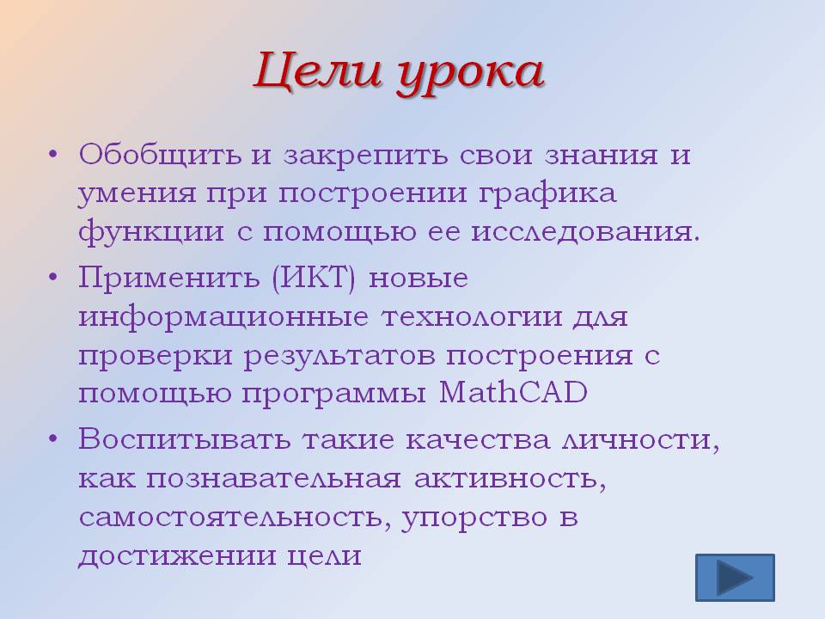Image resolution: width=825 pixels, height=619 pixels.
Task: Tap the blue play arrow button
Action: (735, 578)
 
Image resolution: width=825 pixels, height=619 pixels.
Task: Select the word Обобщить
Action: (160, 154)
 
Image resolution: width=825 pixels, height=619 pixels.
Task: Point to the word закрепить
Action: (366, 156)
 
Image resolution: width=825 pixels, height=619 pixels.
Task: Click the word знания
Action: (602, 156)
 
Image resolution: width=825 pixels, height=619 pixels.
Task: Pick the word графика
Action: (547, 193)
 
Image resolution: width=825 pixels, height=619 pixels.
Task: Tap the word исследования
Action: (585, 232)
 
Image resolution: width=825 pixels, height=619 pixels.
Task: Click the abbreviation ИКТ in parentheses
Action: (315, 278)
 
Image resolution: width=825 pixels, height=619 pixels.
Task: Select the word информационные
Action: (223, 317)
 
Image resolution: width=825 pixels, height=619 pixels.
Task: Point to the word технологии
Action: (472, 317)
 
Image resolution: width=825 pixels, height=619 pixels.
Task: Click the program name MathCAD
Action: (513, 392)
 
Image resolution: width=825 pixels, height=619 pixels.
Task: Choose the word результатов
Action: (339, 356)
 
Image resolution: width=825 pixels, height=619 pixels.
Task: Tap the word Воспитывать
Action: (184, 439)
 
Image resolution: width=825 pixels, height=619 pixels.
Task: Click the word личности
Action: (641, 440)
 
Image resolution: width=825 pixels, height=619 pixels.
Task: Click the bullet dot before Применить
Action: (52, 277)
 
